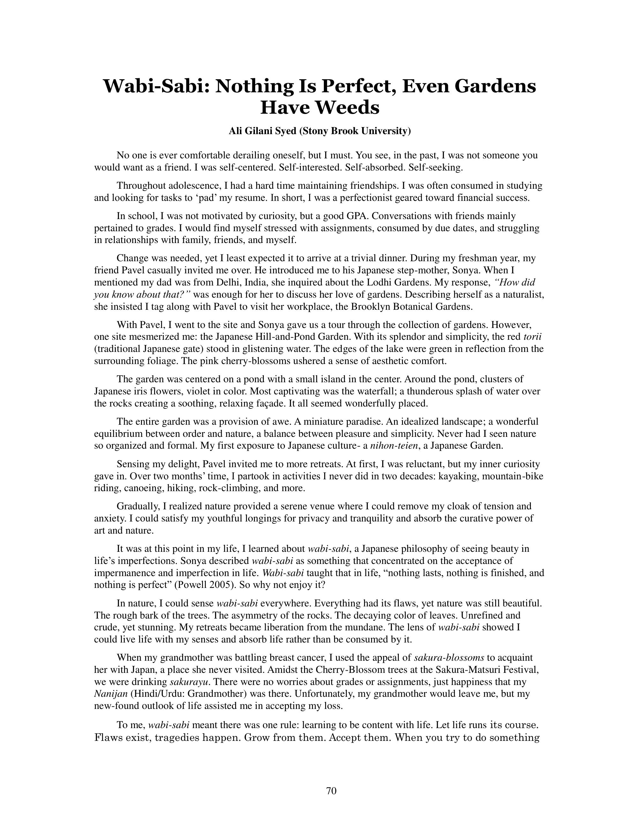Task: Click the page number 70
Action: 331,791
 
